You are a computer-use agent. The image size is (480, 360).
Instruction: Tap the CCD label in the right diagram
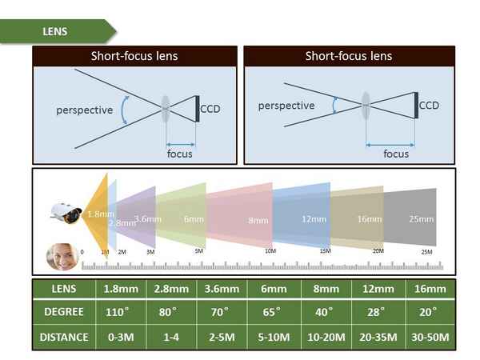click(x=430, y=106)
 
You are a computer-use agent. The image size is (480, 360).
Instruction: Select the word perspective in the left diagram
click(x=84, y=110)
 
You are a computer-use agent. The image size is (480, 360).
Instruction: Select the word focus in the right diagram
click(x=396, y=154)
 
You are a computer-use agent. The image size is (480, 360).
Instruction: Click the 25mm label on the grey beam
click(x=421, y=218)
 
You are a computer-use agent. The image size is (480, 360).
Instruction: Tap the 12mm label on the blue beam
click(x=310, y=218)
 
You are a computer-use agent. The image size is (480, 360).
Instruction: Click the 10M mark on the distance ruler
click(x=270, y=251)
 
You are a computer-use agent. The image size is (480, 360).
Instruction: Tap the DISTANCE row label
click(x=64, y=337)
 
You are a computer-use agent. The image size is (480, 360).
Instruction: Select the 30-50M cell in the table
click(x=429, y=337)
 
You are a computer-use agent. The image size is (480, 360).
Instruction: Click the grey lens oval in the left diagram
click(x=165, y=108)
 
